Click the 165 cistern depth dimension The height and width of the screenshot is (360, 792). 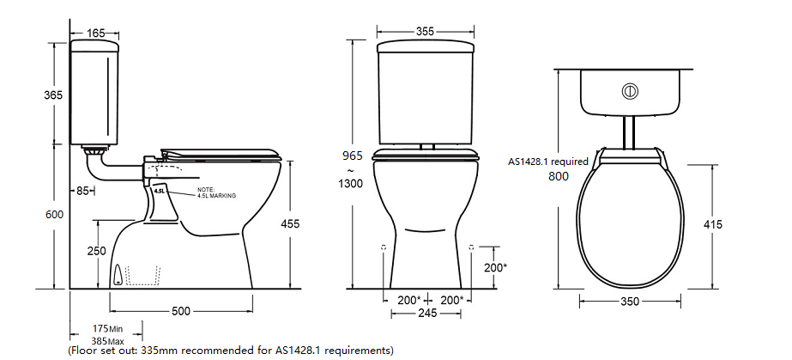tap(96, 34)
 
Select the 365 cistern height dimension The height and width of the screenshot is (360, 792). tap(53, 95)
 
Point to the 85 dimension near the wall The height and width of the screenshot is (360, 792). tap(83, 191)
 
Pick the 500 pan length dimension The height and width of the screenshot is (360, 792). tap(180, 310)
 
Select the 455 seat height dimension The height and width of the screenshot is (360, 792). tap(291, 223)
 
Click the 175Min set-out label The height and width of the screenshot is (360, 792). tap(108, 328)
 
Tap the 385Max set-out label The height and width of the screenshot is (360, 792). tap(108, 339)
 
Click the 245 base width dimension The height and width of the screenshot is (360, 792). tap(426, 314)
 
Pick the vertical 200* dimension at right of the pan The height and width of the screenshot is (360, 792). tap(496, 267)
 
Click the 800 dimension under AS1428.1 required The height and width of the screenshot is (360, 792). tap(559, 176)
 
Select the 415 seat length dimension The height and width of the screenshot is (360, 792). tap(711, 224)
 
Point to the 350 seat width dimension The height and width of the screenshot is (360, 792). tap(631, 302)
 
